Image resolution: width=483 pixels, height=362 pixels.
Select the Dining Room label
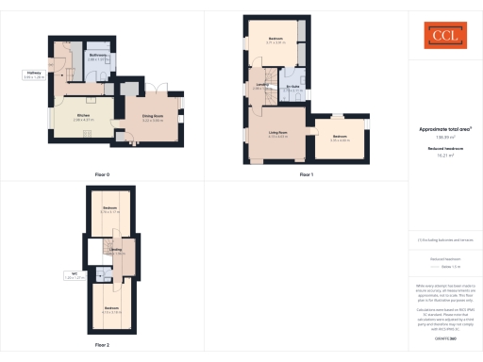(x=153, y=118)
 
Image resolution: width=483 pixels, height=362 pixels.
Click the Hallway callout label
(x=34, y=74)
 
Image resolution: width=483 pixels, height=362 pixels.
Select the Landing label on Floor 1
(x=262, y=87)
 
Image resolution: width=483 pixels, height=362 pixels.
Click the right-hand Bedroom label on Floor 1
(x=341, y=138)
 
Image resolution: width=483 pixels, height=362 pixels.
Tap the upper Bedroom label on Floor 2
(x=109, y=208)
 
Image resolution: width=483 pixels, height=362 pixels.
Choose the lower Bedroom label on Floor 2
(x=111, y=310)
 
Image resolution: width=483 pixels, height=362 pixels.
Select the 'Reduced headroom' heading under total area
(x=443, y=148)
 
